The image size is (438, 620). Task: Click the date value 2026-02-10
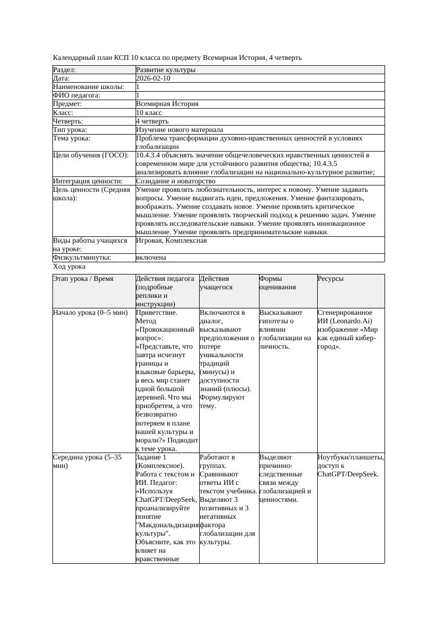point(153,78)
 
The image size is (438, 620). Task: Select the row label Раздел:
point(65,70)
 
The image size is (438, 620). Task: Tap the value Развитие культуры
point(166,70)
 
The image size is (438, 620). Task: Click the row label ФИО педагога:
point(77,95)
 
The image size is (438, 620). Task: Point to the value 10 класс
point(149,112)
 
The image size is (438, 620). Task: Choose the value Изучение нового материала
point(180,129)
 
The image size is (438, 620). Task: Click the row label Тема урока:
point(71,138)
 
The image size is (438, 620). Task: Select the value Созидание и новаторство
point(176,181)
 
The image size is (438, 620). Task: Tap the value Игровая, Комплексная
point(172,241)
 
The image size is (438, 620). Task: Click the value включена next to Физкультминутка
point(151,258)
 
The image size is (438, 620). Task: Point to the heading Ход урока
point(69,267)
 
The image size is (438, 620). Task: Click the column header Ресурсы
point(330,279)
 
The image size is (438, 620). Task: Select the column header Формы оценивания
point(278,282)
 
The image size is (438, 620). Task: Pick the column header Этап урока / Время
point(83,279)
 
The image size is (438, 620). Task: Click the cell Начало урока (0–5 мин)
point(91,313)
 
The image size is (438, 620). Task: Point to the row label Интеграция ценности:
point(87,181)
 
